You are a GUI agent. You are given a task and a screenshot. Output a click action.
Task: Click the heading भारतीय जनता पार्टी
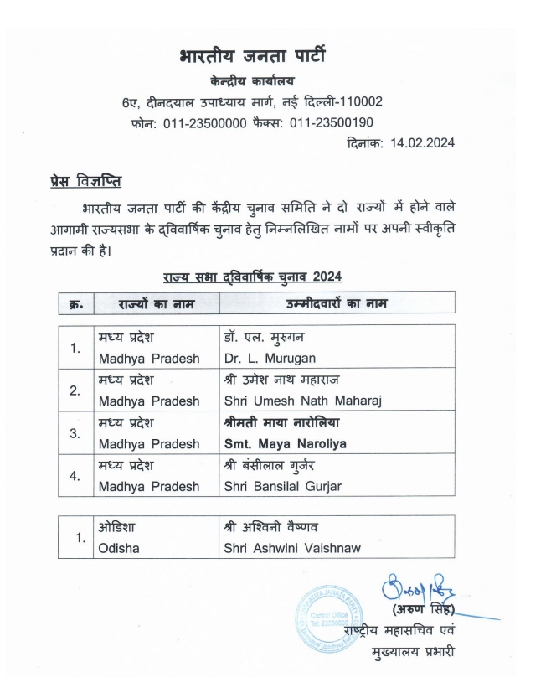(252, 57)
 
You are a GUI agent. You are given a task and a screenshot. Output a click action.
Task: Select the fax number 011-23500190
(332, 123)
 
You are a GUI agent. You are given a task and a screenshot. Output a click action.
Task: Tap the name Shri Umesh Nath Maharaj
(302, 401)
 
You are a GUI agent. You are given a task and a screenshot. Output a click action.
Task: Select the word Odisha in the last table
(118, 548)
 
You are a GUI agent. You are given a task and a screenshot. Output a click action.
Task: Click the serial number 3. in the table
(76, 433)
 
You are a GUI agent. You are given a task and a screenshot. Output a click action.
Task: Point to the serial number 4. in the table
(76, 476)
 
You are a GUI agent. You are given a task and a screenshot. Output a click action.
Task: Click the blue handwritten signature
(420, 587)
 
